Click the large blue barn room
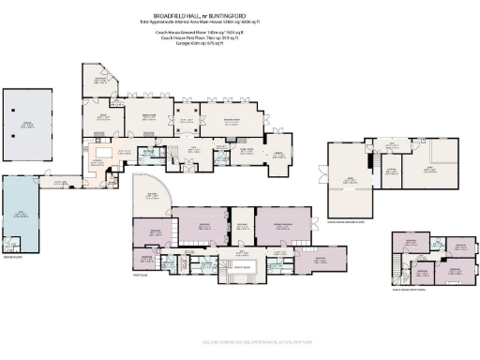pyautogui.click(x=22, y=217)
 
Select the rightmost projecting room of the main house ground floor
pyautogui.click(x=278, y=154)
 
